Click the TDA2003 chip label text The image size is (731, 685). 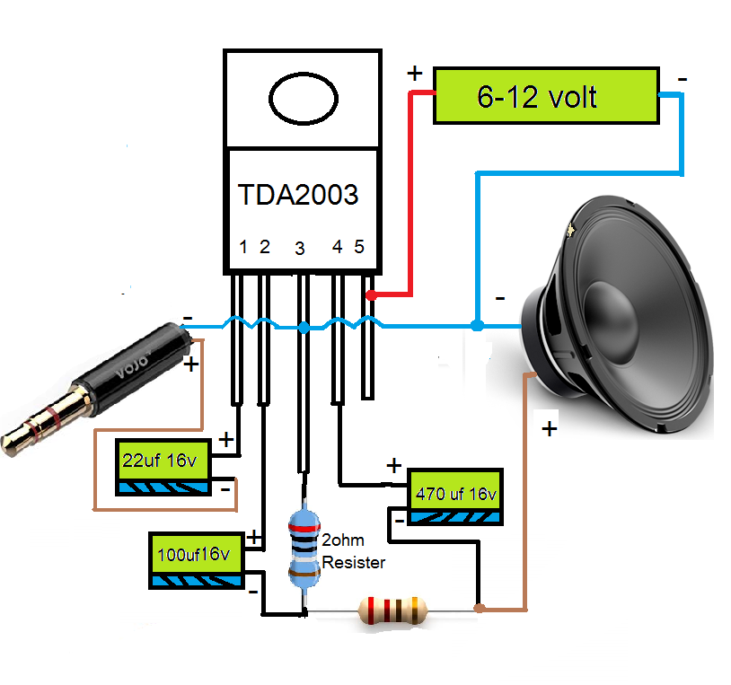[x=298, y=195]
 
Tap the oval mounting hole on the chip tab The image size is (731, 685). [x=303, y=99]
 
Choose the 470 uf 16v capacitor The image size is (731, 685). [x=455, y=496]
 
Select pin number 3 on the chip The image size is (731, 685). [x=299, y=249]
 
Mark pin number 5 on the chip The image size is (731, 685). [x=359, y=247]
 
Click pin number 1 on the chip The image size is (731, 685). [x=243, y=247]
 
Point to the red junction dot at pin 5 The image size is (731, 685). [x=370, y=294]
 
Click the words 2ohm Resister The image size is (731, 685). [x=353, y=553]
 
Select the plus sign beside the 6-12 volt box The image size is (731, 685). [x=415, y=74]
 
